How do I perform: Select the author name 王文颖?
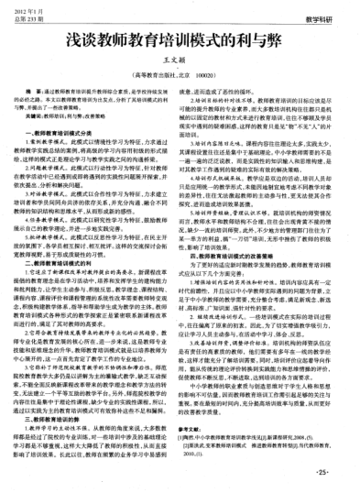pos(180,65)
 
